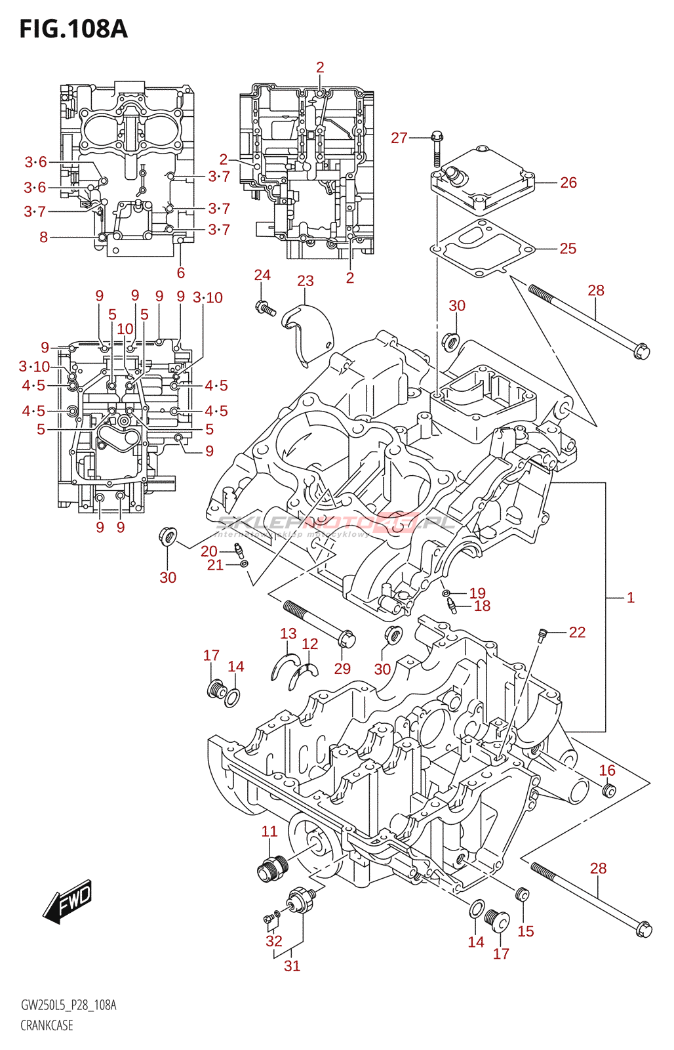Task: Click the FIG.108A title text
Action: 73,30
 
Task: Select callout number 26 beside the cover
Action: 568,182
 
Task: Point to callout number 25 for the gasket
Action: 568,249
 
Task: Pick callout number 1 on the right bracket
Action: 630,598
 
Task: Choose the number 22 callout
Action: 577,632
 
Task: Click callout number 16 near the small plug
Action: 608,770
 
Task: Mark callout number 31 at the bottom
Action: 292,966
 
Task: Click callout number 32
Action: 274,941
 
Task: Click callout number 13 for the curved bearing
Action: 288,634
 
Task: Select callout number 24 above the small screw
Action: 262,275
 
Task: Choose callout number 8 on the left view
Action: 44,237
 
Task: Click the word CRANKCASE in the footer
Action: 47,1025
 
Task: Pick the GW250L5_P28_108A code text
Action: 68,1005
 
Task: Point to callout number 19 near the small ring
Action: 477,593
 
